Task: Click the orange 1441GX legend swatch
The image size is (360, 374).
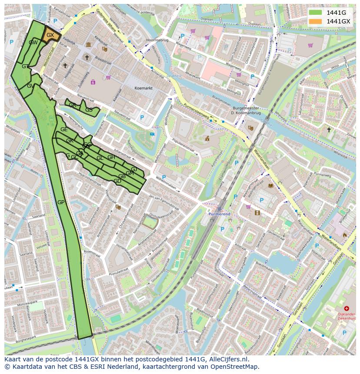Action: (316, 21)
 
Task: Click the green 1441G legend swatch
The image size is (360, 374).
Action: (316, 13)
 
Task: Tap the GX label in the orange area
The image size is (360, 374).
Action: (50, 35)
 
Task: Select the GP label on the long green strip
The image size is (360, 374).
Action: (61, 202)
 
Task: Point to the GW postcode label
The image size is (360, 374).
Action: (33, 43)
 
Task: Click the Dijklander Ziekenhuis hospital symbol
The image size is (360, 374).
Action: (347, 308)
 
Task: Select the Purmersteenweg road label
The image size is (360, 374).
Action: (197, 111)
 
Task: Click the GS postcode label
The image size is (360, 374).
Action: (89, 110)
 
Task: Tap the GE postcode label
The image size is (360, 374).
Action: (64, 129)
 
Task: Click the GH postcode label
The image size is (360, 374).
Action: (111, 157)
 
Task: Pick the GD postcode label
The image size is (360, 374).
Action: (117, 181)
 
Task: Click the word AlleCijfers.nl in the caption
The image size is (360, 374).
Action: (228, 359)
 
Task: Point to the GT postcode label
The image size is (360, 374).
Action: (25, 66)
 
